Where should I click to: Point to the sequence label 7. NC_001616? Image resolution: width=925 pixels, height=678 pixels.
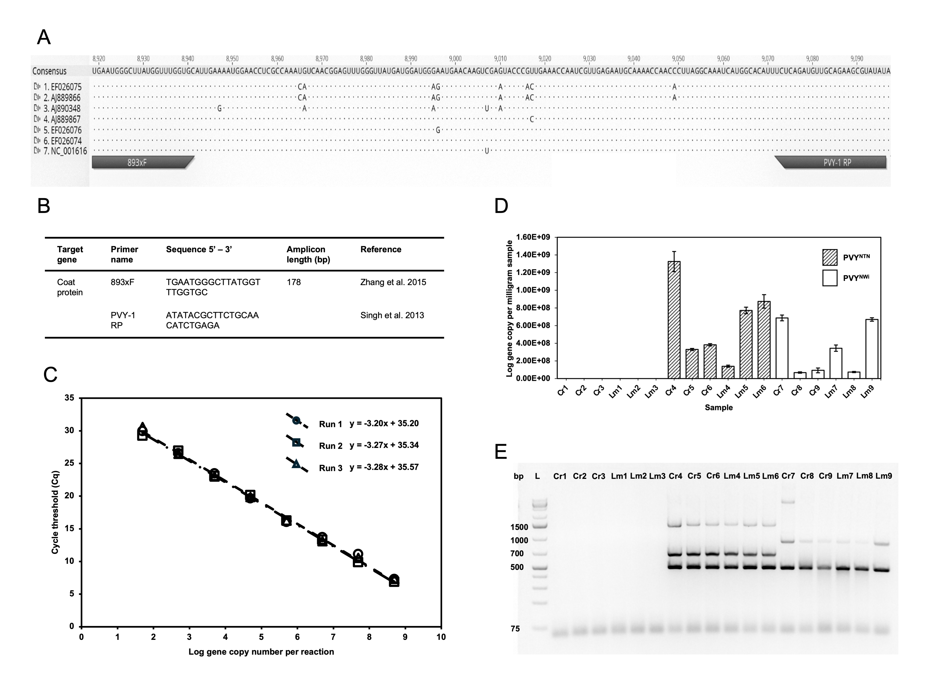[x=65, y=151]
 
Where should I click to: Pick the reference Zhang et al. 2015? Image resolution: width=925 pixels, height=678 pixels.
[x=393, y=282]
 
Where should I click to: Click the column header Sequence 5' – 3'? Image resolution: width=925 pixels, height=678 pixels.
[x=199, y=249]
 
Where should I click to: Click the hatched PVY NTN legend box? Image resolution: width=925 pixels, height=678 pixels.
[x=830, y=257]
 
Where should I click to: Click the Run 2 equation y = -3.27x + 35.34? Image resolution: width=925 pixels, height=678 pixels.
[x=384, y=445]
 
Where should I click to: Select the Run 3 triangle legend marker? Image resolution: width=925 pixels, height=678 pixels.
[x=296, y=464]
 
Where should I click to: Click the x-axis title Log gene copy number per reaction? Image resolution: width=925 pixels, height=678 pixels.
[x=261, y=652]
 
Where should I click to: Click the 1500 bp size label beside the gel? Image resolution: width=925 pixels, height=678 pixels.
[x=519, y=527]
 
